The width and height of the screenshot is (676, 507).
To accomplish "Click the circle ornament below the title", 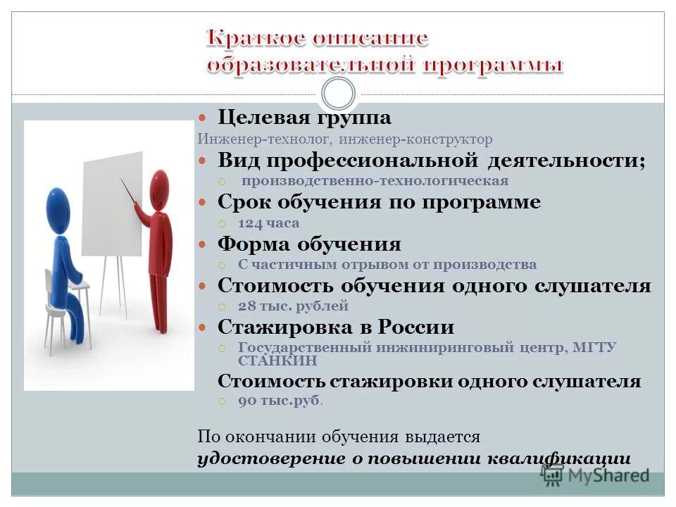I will [338, 93].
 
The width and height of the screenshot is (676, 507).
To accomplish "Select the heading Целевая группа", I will [304, 117].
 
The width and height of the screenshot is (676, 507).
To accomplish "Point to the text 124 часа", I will [268, 223].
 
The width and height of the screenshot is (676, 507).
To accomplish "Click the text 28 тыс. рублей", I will [293, 306].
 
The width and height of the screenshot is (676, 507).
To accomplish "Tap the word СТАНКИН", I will [277, 361].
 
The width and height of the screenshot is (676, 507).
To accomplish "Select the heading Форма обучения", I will [309, 244].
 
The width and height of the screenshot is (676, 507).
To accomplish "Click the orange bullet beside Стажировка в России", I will [201, 328].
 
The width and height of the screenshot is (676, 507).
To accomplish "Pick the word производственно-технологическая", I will [375, 181].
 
